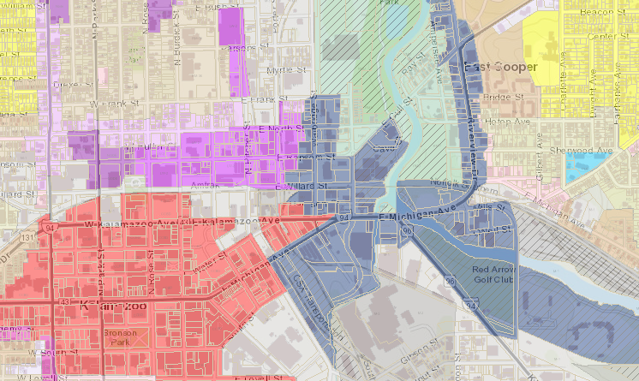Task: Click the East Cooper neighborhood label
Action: click(x=500, y=67)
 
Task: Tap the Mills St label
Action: click(x=491, y=208)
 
